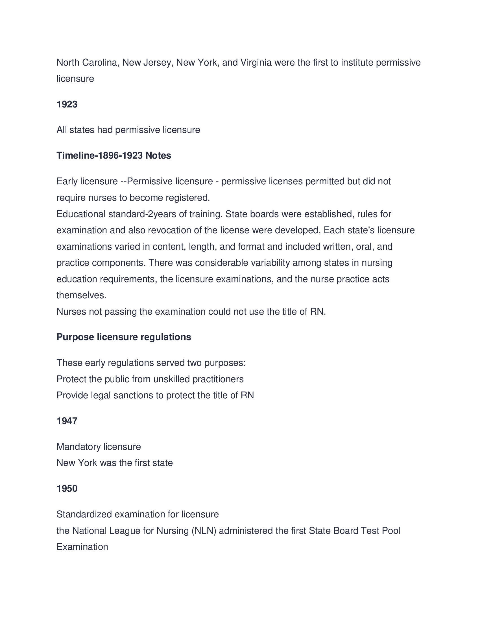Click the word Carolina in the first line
click(100, 63)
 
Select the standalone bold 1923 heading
click(67, 105)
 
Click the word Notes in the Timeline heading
click(158, 155)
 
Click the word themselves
click(81, 295)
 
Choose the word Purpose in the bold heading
click(75, 337)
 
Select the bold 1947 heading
click(67, 421)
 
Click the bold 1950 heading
click(67, 489)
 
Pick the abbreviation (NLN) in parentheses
click(204, 531)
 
